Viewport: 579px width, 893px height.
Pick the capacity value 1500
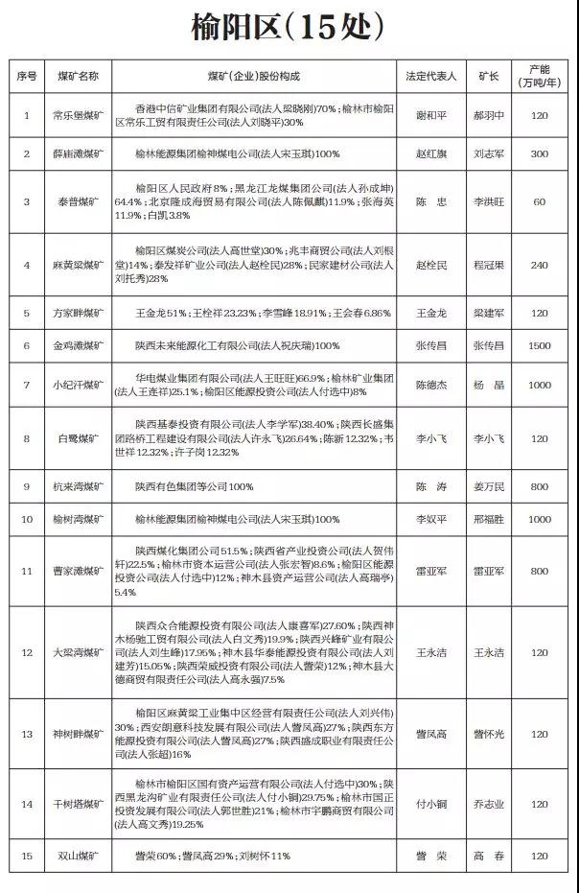540,345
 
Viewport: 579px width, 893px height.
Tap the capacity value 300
540,153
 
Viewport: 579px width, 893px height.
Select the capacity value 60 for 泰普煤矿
540,202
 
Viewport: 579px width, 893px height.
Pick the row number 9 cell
27,487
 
